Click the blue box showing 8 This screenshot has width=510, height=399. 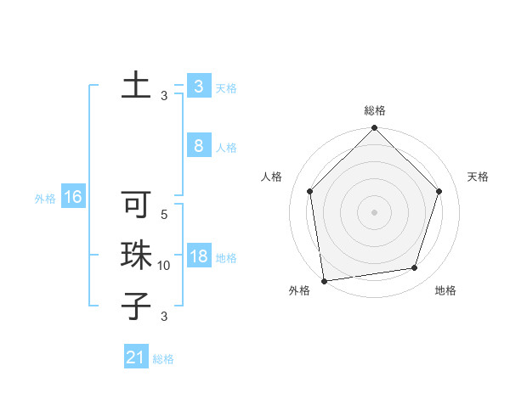(198, 146)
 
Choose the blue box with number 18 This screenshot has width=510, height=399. (198, 256)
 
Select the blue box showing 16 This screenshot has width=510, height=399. (72, 198)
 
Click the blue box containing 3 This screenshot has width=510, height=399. (198, 87)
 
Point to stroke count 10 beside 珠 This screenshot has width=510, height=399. (164, 266)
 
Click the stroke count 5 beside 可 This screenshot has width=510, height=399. (164, 215)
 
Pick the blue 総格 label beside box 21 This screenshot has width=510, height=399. (163, 359)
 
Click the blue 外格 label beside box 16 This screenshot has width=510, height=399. (45, 199)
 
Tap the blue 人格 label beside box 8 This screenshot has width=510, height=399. (226, 148)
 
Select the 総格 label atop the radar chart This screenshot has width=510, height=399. (375, 110)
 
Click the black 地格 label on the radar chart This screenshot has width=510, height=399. (445, 290)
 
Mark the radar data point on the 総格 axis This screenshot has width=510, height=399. (375, 129)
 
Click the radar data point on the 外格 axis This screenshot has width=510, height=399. (324, 280)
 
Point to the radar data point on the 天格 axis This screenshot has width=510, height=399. (439, 191)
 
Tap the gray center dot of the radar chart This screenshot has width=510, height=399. (375, 211)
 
